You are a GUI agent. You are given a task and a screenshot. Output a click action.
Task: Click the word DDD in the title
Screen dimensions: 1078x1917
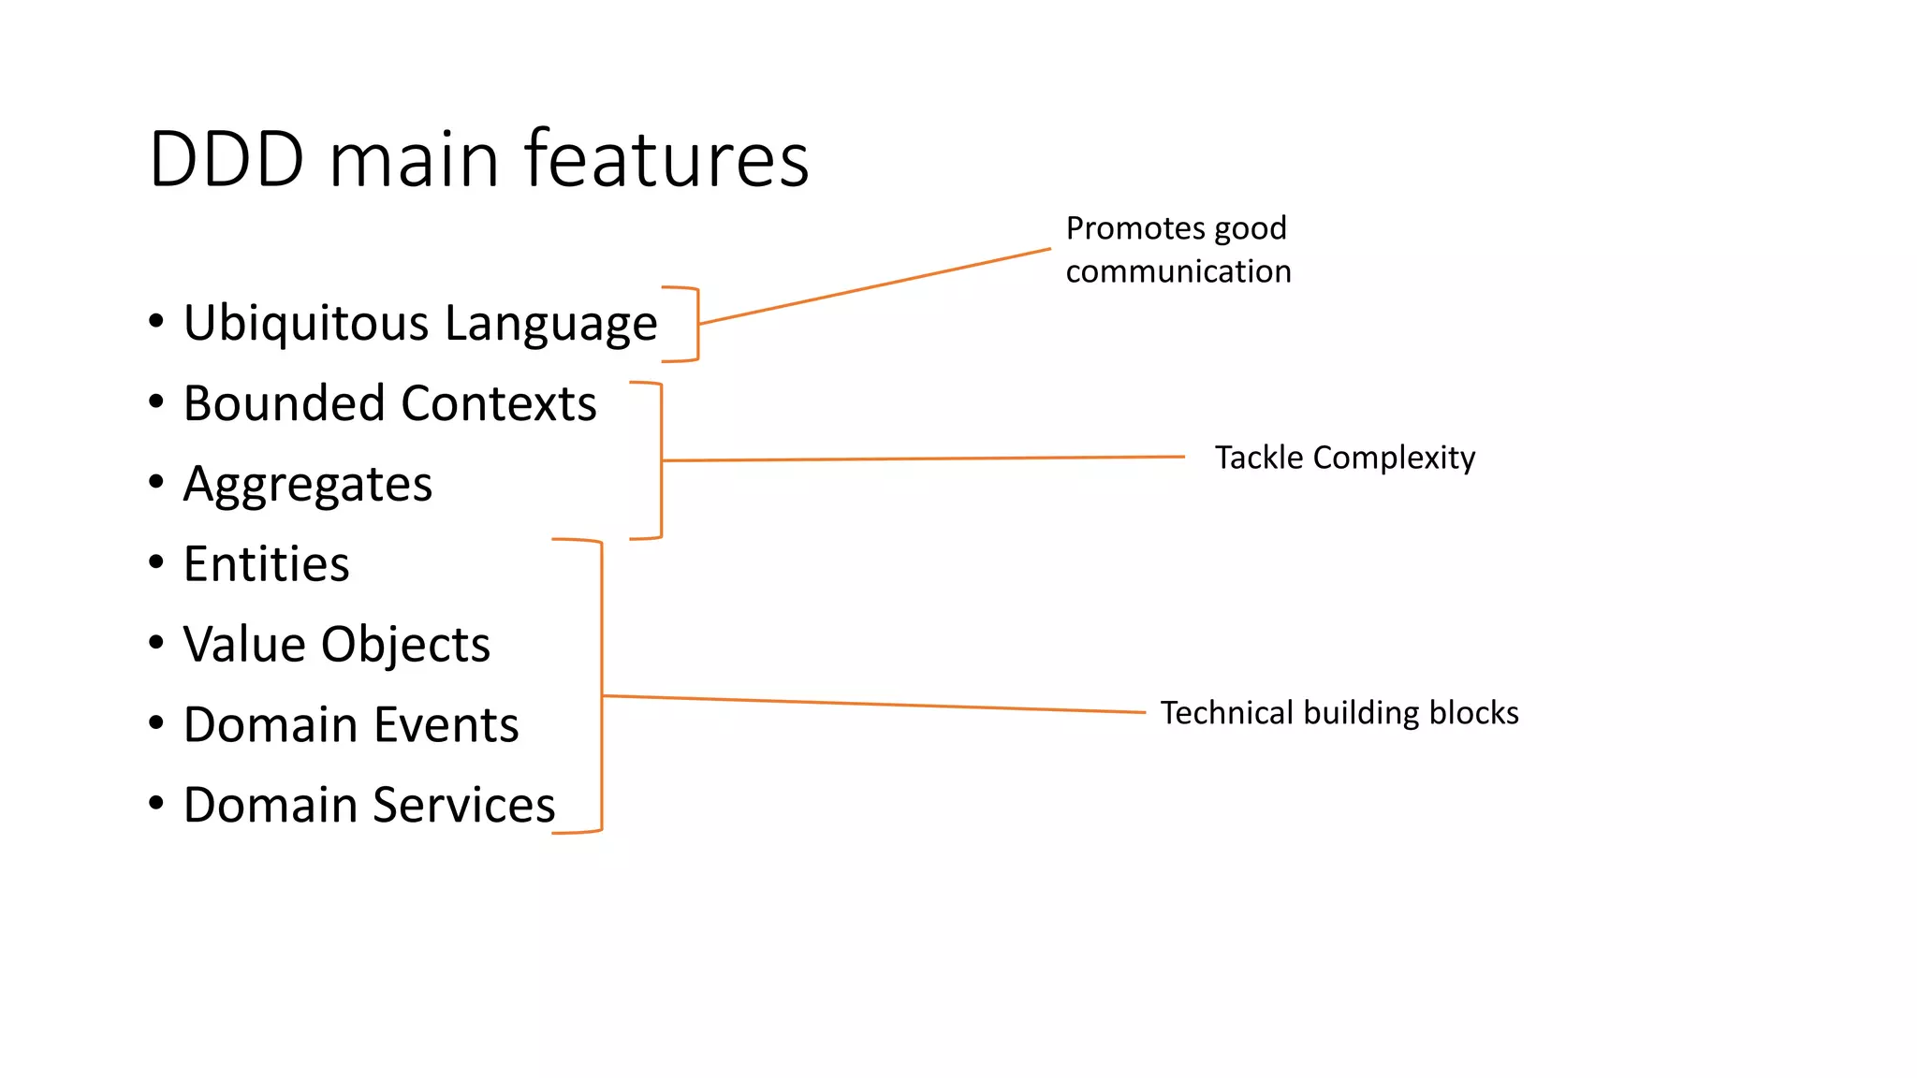(227, 160)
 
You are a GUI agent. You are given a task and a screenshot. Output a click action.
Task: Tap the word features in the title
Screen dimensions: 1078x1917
(666, 158)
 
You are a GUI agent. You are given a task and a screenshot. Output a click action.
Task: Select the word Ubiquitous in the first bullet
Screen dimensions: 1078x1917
(306, 324)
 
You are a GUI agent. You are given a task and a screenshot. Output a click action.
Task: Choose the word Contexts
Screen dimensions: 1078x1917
(499, 404)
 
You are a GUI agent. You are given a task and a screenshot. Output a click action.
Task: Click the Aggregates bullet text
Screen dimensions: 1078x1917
(308, 486)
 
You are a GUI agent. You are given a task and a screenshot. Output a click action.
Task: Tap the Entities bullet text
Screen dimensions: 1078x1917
(267, 564)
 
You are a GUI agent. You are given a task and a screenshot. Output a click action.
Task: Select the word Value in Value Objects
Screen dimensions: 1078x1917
(244, 645)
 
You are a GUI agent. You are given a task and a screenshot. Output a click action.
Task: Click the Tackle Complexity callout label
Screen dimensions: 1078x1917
(1344, 458)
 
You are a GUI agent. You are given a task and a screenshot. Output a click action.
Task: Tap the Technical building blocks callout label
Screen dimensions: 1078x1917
(1339, 713)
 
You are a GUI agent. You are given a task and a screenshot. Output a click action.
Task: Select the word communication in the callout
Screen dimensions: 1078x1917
(1178, 271)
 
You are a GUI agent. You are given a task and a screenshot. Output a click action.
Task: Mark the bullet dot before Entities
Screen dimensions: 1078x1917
(156, 562)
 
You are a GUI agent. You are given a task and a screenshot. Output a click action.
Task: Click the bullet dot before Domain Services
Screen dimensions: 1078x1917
(156, 803)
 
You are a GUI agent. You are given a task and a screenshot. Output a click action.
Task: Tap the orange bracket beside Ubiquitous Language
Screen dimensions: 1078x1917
(697, 324)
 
